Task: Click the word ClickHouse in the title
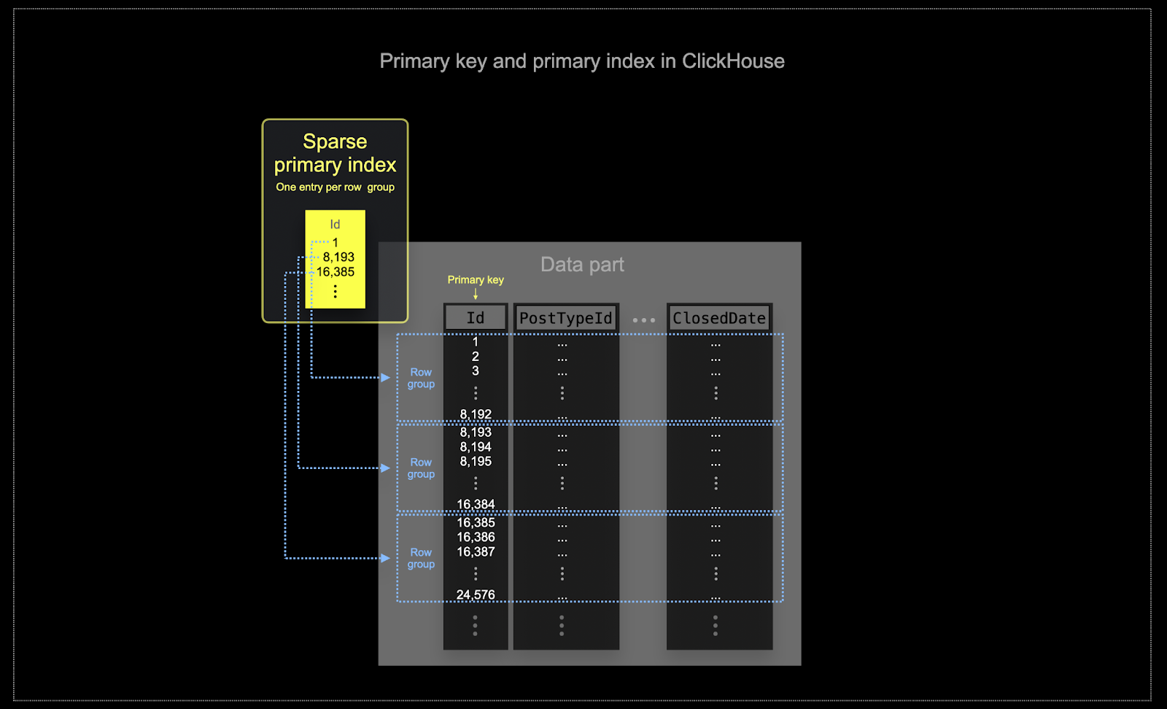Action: tap(732, 61)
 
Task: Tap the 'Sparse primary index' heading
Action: tap(335, 153)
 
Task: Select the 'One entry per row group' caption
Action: tap(335, 187)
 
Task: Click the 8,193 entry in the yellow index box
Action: tap(338, 257)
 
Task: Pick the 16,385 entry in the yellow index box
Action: tap(336, 272)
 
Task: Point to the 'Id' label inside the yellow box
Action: tap(335, 225)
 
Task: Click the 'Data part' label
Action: tap(582, 265)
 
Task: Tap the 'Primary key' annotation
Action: tap(476, 280)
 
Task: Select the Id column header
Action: tap(476, 318)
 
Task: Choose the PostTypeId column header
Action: tap(566, 318)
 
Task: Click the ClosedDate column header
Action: tap(719, 318)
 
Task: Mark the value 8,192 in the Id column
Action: tap(476, 414)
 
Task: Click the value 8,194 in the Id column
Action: tap(476, 447)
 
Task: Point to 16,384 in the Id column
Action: tap(476, 504)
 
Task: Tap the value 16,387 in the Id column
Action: tap(476, 552)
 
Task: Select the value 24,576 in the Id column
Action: tap(476, 594)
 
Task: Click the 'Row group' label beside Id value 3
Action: tap(421, 378)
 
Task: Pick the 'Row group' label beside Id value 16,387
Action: tap(421, 558)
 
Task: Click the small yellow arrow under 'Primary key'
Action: tap(476, 294)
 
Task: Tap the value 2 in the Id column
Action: tap(476, 357)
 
